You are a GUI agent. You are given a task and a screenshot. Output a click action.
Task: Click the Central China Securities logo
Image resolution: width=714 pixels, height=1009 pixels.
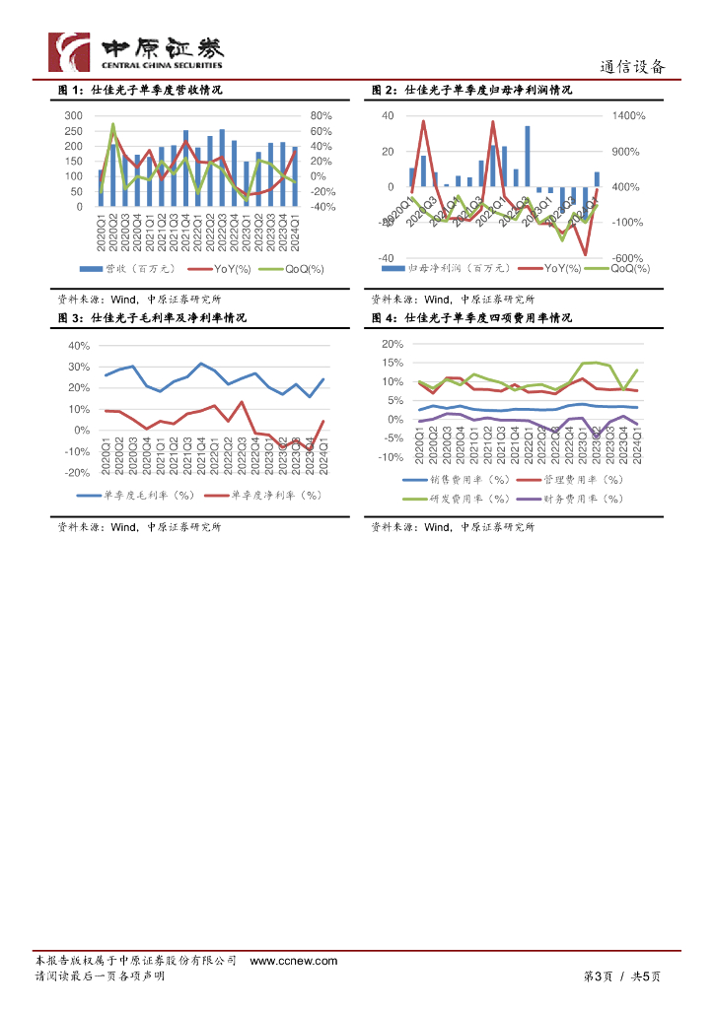click(x=136, y=51)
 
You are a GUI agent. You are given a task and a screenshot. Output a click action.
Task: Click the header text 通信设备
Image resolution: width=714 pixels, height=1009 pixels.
click(x=633, y=67)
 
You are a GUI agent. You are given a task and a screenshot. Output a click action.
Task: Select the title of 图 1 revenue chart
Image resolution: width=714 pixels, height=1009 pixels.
click(x=140, y=91)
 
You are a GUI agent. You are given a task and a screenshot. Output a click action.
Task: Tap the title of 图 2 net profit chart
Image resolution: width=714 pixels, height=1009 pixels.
click(x=471, y=91)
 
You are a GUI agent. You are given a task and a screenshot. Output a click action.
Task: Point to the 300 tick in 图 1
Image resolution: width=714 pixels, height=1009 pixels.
click(x=73, y=116)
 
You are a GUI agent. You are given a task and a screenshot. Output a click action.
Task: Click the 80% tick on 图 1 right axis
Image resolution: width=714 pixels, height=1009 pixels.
click(x=321, y=116)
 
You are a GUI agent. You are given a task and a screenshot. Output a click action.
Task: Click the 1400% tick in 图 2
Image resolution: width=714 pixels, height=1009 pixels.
click(x=627, y=116)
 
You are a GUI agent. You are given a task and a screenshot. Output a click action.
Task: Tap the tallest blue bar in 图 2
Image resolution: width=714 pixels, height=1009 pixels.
click(x=528, y=157)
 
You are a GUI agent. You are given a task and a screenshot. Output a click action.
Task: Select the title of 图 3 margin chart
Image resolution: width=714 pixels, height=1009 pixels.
click(x=152, y=318)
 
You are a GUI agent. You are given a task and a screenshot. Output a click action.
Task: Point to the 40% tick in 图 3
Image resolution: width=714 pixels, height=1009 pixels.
click(x=78, y=346)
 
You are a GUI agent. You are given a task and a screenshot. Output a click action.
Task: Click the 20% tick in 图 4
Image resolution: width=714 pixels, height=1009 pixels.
click(x=392, y=344)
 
